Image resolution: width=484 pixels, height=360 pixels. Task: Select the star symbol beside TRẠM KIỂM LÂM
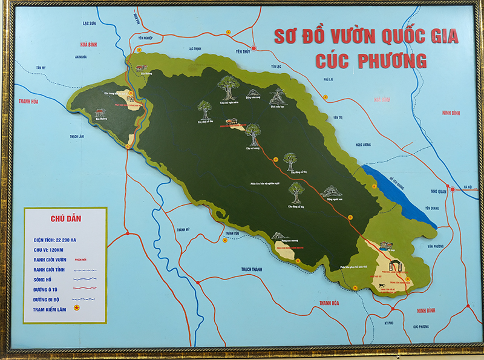point(77,308)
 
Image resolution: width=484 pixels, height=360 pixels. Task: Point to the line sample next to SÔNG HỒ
point(84,279)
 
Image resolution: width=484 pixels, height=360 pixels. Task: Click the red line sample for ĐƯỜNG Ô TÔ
point(84,289)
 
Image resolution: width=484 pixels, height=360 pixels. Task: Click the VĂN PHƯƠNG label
point(435,246)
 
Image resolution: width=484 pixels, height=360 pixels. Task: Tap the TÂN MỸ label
point(41,67)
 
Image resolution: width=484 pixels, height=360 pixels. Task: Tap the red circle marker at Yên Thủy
point(254,48)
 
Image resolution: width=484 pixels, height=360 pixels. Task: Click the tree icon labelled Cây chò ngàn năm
point(228,88)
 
